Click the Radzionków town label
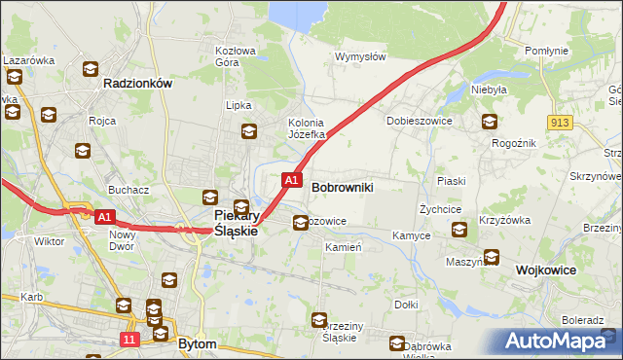click(137, 84)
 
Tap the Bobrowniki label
click(342, 185)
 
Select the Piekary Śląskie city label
click(235, 223)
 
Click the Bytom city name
click(198, 343)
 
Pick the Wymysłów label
click(360, 56)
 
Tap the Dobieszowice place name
click(417, 121)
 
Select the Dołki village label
click(406, 305)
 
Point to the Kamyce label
click(411, 236)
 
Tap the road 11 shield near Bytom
click(129, 339)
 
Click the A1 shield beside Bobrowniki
click(290, 180)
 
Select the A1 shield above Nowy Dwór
click(105, 217)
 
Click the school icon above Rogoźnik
click(489, 122)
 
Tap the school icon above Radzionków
click(91, 69)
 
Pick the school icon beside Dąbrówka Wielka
click(397, 342)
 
